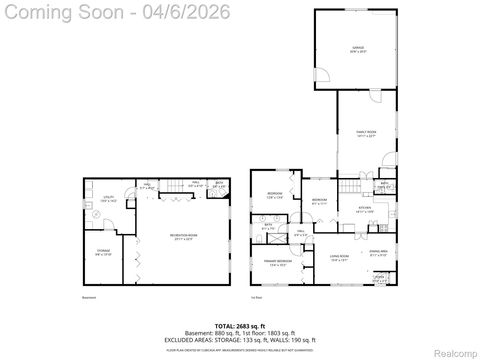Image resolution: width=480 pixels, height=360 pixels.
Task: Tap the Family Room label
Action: tap(366, 133)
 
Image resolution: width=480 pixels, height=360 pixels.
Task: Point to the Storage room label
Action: tap(104, 253)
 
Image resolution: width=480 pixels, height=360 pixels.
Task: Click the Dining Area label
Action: tap(381, 255)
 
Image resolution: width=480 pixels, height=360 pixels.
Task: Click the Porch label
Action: tap(380, 279)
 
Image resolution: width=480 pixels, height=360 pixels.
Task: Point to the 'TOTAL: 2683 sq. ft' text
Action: tap(239, 325)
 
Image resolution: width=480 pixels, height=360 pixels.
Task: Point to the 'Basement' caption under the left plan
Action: tap(88, 297)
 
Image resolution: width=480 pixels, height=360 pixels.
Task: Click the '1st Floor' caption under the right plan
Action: tap(257, 297)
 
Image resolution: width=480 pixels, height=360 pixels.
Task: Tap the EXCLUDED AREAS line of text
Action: tap(239, 340)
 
